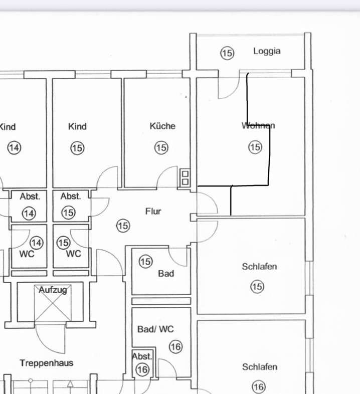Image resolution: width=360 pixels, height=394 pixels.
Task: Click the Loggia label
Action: click(267, 51)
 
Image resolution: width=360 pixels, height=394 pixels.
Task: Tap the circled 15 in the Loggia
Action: click(227, 53)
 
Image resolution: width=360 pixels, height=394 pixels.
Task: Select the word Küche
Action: click(162, 126)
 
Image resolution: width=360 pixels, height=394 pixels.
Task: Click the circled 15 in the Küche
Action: click(161, 147)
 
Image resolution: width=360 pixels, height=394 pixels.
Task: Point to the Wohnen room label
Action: click(258, 125)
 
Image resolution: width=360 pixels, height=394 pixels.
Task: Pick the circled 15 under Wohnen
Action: click(255, 147)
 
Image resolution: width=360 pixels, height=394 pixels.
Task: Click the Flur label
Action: click(153, 212)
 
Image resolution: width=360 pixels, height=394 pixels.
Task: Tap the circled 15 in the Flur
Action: click(123, 226)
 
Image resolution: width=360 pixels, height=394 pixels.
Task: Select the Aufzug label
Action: click(53, 290)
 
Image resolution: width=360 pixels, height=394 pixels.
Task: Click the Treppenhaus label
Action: click(47, 363)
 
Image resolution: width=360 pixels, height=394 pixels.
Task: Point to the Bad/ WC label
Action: click(155, 329)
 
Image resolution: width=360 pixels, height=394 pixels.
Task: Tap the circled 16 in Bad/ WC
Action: click(175, 347)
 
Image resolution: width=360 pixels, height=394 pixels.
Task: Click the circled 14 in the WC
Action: click(37, 243)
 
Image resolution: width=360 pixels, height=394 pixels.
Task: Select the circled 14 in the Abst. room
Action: click(29, 214)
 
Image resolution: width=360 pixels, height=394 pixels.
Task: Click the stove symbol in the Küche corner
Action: click(185, 178)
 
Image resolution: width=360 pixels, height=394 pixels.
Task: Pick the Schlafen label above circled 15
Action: click(259, 266)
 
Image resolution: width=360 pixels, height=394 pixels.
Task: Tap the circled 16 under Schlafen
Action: click(259, 386)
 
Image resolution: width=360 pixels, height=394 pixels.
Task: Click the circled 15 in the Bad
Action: click(145, 261)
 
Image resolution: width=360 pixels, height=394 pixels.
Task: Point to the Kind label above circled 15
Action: click(77, 126)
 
